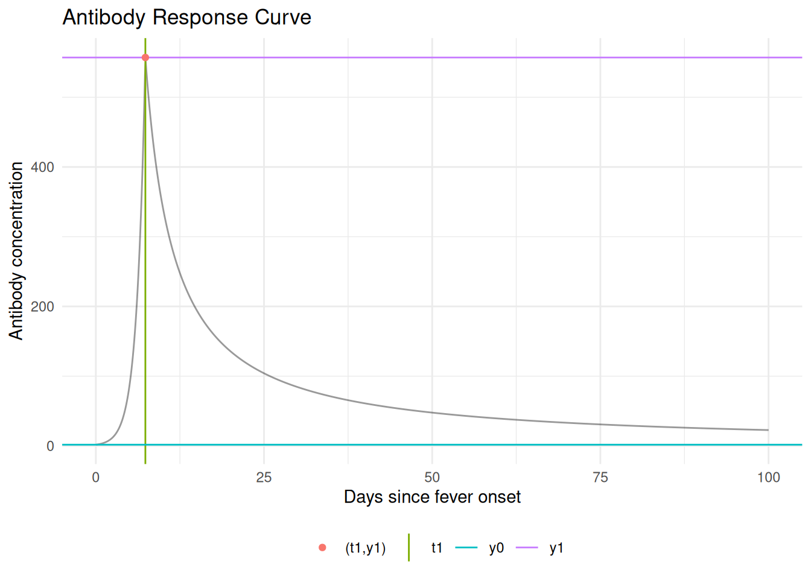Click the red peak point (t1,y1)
[x=145, y=58]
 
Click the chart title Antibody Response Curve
[x=186, y=17]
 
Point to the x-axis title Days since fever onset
[x=432, y=497]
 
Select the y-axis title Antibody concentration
[x=16, y=250]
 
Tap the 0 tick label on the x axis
[x=95, y=478]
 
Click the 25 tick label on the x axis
[x=264, y=478]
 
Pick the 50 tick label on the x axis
[x=432, y=478]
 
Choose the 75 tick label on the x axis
[x=600, y=478]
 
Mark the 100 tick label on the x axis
[x=768, y=478]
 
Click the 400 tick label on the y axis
[x=42, y=167]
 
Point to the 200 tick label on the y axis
[x=42, y=306]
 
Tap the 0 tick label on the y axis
[x=50, y=446]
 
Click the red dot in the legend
[x=322, y=548]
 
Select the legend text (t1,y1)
[x=365, y=548]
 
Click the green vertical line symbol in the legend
[x=409, y=548]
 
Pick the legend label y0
[x=496, y=548]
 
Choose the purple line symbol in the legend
[x=527, y=548]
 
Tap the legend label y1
[x=556, y=548]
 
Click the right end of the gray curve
[x=768, y=430]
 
